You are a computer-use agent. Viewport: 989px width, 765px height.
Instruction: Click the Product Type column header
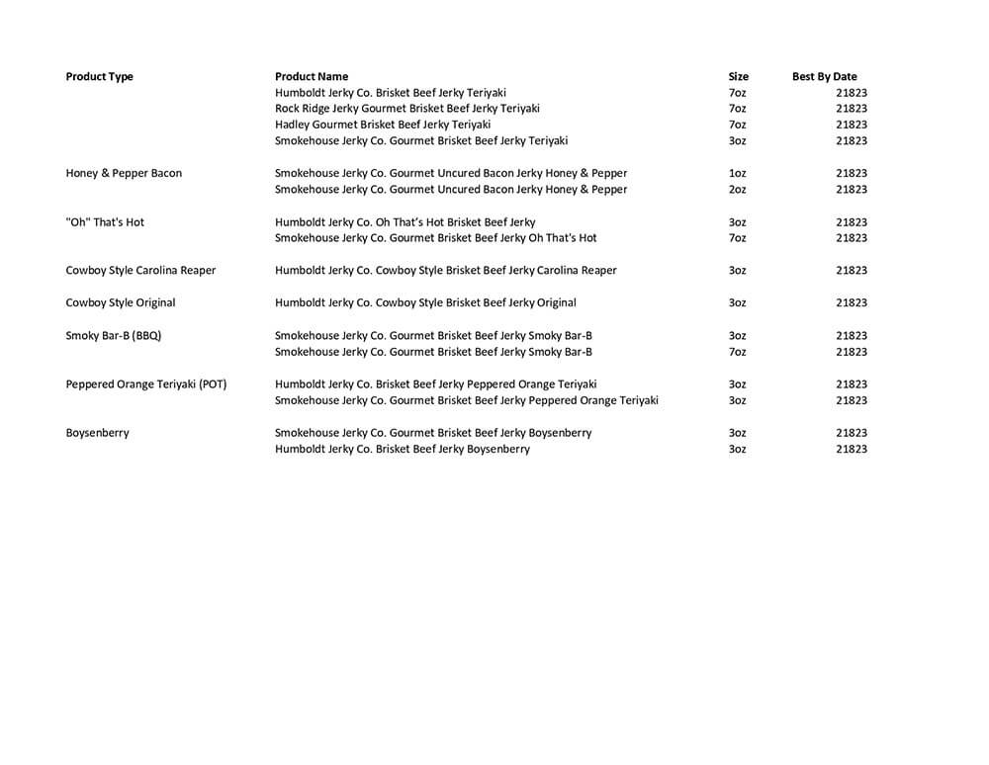tap(99, 76)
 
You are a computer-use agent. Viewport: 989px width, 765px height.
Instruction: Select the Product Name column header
tap(312, 76)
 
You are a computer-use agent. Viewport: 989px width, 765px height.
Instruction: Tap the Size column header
tap(738, 76)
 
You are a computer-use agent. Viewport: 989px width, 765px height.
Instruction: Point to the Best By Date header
tap(824, 76)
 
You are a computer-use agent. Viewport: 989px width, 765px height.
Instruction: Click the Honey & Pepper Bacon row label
tap(124, 173)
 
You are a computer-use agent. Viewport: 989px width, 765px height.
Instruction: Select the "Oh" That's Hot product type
tap(105, 222)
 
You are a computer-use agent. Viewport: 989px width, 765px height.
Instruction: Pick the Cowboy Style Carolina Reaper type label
tap(140, 270)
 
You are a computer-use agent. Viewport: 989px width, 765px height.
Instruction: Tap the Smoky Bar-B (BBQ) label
tap(113, 335)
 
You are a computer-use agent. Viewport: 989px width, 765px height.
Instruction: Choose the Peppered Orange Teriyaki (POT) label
tap(146, 384)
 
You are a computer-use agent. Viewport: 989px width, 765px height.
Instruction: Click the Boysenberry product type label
tap(97, 433)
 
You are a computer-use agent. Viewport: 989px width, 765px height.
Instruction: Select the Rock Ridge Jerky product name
tap(407, 109)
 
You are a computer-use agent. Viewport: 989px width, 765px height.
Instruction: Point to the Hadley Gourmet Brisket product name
tap(383, 125)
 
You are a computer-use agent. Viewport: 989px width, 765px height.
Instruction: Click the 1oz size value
tap(737, 173)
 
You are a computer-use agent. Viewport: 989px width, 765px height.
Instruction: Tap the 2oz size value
tap(737, 190)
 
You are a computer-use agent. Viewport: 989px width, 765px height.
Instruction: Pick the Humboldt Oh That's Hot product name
tap(405, 222)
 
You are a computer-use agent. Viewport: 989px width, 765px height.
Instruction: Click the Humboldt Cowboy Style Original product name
tap(425, 302)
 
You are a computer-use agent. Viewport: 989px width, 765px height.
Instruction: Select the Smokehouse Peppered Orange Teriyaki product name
tap(467, 400)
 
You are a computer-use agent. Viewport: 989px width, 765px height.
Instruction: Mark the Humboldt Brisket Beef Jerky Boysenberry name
tap(403, 450)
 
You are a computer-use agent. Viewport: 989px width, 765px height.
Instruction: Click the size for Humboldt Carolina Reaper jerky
tap(737, 270)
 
